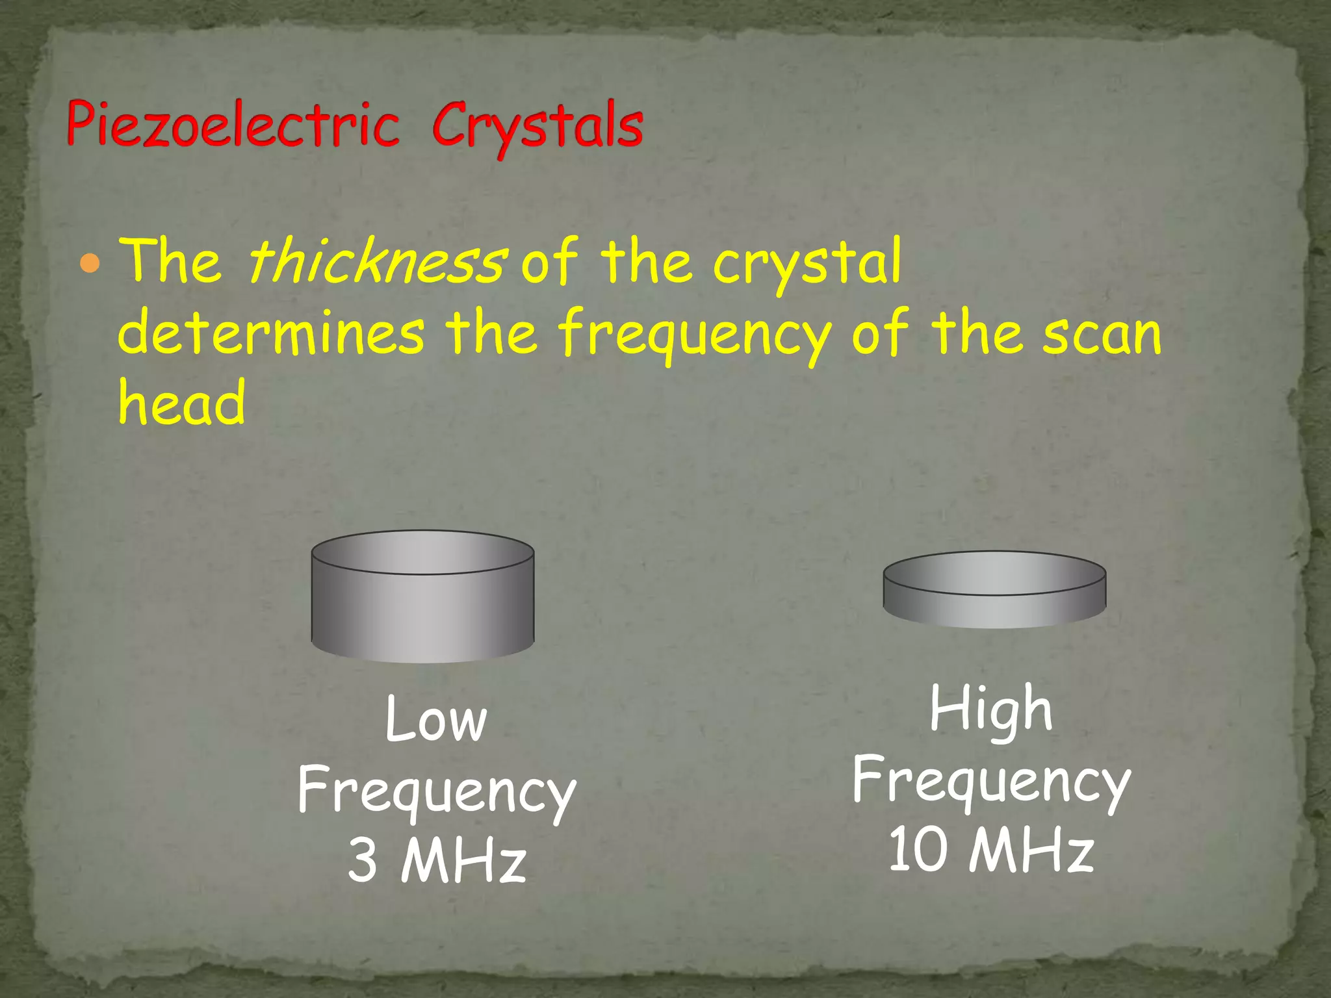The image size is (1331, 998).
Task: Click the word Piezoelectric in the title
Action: [x=232, y=125]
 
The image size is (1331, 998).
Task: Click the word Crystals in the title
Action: [x=537, y=126]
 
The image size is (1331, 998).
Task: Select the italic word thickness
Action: [x=376, y=261]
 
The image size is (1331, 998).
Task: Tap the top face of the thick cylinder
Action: [x=422, y=552]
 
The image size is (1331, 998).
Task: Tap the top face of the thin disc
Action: [x=994, y=573]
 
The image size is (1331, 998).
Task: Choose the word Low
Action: [x=435, y=720]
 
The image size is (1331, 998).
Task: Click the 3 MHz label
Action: [x=437, y=860]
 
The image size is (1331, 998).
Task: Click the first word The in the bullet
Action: [x=172, y=261]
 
